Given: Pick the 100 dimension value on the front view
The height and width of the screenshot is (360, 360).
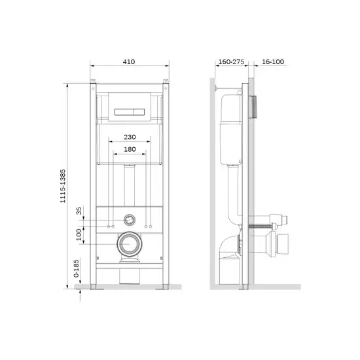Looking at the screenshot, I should pos(79,234).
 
